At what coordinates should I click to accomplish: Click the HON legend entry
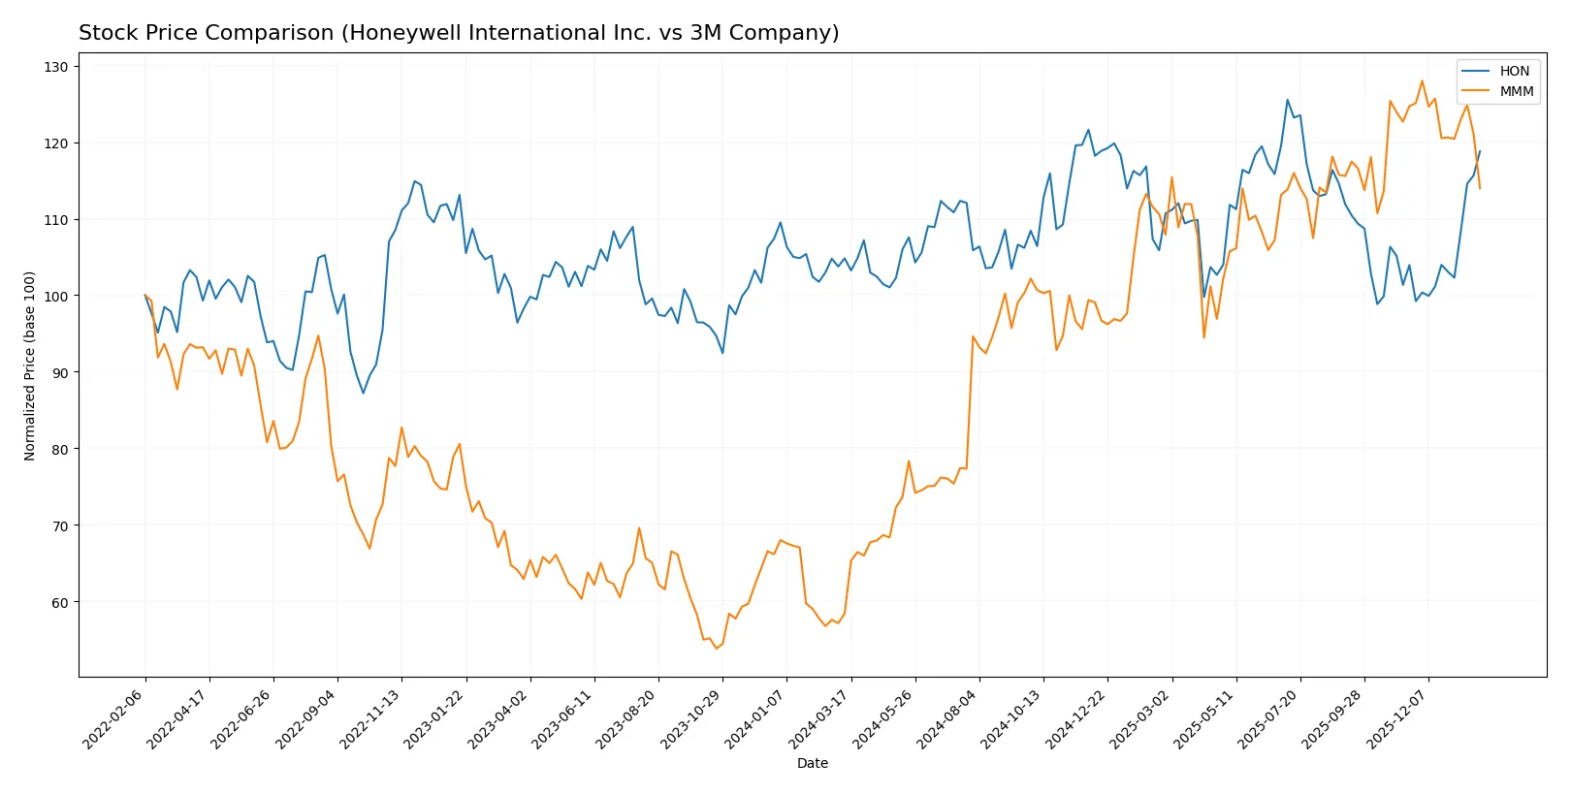click(x=1513, y=71)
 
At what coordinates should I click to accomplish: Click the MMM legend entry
click(x=1516, y=91)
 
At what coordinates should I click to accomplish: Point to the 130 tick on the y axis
click(x=56, y=67)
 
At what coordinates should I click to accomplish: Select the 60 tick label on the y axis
click(x=59, y=602)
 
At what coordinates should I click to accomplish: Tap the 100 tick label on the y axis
click(x=56, y=296)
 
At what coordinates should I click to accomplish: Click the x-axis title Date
click(x=812, y=763)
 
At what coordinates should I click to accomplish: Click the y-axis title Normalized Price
click(x=30, y=365)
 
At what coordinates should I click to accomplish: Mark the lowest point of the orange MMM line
click(x=716, y=648)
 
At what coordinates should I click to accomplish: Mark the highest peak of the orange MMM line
click(x=1423, y=81)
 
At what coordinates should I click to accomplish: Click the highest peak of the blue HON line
click(x=1288, y=100)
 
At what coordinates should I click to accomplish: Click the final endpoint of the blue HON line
click(x=1480, y=151)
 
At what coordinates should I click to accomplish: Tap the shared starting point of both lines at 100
click(x=145, y=296)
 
